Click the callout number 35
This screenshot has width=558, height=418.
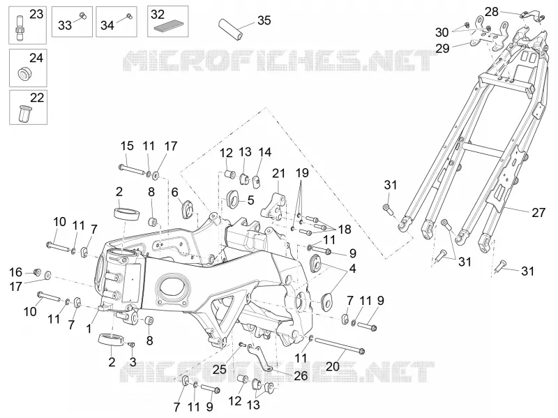click(x=264, y=20)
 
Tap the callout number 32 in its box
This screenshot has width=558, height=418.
click(x=158, y=15)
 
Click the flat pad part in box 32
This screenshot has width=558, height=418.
click(x=169, y=27)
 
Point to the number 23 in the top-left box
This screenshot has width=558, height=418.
click(x=36, y=14)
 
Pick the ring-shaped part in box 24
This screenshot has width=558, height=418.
click(x=24, y=73)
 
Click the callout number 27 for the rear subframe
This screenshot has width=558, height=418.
click(x=538, y=213)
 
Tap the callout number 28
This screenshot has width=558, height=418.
click(x=492, y=12)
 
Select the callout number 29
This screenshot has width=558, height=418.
click(x=442, y=48)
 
